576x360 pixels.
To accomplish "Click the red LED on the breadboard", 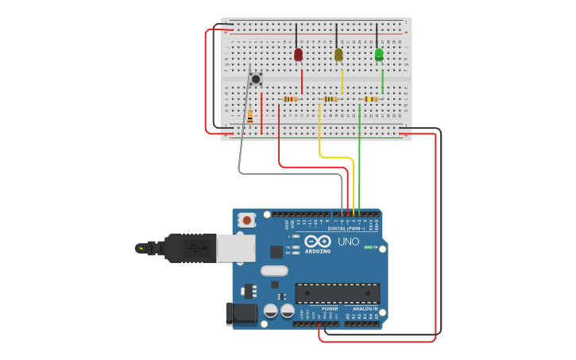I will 298,54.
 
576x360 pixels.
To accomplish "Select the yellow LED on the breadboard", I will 338,54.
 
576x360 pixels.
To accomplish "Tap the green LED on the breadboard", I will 379,54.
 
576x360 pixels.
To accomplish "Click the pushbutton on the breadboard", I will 256,79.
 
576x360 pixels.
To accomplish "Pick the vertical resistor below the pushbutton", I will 250,116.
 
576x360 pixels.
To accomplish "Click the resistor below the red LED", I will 291,99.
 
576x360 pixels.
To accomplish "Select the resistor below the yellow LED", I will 331,99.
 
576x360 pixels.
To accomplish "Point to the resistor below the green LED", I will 369,99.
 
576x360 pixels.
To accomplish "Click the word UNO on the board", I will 349,242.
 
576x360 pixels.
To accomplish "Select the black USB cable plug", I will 191,248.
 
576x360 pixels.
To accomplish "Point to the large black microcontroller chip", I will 337,292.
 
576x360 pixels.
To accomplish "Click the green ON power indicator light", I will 368,247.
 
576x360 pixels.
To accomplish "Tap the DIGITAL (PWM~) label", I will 347,228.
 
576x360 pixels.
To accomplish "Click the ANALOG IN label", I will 365,308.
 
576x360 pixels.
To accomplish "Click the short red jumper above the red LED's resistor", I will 302,82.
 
